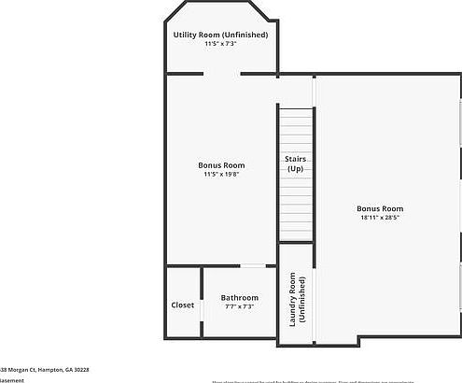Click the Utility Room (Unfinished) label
coord(220,35)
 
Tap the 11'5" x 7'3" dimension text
coord(220,44)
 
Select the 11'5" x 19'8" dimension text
coord(221,174)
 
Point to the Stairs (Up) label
coord(295,164)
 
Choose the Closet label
coord(183,305)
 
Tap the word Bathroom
coord(240,297)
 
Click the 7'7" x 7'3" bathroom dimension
coord(240,306)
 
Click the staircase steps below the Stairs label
coord(295,210)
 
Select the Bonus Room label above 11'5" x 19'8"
coord(221,163)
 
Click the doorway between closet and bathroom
coord(201,305)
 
